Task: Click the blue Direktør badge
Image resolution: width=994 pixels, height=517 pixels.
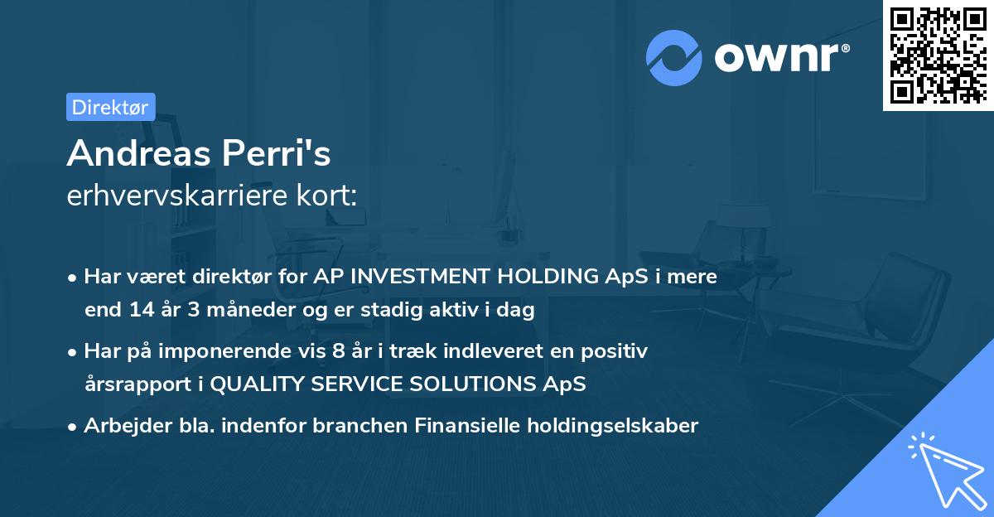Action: pos(110,107)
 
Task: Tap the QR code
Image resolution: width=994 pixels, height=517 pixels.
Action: pos(938,56)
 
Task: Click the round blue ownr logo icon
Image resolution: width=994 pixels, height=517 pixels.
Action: pos(673,58)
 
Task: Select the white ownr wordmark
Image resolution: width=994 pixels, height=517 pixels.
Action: pos(782,57)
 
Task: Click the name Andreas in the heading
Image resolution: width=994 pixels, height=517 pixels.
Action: pos(138,153)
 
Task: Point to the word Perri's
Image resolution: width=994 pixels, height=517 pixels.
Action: pos(276,153)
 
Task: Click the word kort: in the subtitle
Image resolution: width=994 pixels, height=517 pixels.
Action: pos(326,195)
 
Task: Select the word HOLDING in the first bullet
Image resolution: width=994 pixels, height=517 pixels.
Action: pos(548,276)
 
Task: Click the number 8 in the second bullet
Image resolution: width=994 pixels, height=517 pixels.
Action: pos(338,351)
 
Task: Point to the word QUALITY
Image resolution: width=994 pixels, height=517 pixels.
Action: pos(257,384)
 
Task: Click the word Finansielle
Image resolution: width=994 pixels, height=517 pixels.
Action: pos(467,425)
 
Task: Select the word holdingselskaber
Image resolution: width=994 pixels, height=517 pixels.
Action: pos(613,426)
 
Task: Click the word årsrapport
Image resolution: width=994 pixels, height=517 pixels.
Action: pos(138,384)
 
